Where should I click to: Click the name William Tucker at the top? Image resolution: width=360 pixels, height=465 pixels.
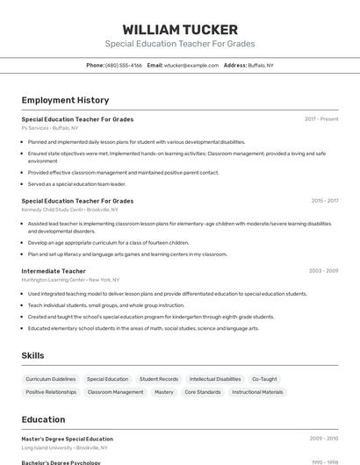point(179,30)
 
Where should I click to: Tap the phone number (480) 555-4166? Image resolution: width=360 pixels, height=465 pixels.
point(123,65)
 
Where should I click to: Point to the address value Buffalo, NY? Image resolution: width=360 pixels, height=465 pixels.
point(261,65)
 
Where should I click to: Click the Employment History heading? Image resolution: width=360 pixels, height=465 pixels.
point(65,100)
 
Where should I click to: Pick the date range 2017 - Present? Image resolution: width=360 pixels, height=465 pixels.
point(321,118)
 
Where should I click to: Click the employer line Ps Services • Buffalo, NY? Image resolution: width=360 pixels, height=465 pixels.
point(49,128)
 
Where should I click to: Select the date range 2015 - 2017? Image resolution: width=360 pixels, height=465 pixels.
point(324,201)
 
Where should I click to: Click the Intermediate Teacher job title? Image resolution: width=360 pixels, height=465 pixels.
point(54,271)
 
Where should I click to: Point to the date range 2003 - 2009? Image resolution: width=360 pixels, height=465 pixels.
point(323,271)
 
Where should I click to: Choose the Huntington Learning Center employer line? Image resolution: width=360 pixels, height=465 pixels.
point(70,280)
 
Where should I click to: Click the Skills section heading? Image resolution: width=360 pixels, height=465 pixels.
point(33,355)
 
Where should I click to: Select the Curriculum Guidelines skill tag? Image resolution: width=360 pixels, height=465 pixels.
point(51,379)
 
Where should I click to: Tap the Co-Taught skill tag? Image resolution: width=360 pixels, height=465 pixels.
point(264,379)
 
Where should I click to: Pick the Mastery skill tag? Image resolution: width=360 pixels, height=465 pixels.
point(164,392)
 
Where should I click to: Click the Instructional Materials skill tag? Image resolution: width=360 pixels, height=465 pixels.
point(257,392)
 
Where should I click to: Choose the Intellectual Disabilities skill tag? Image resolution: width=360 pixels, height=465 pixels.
point(215,379)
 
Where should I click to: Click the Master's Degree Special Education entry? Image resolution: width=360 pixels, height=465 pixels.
point(67,439)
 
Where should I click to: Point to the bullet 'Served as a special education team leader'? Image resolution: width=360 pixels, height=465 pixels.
point(76,184)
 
